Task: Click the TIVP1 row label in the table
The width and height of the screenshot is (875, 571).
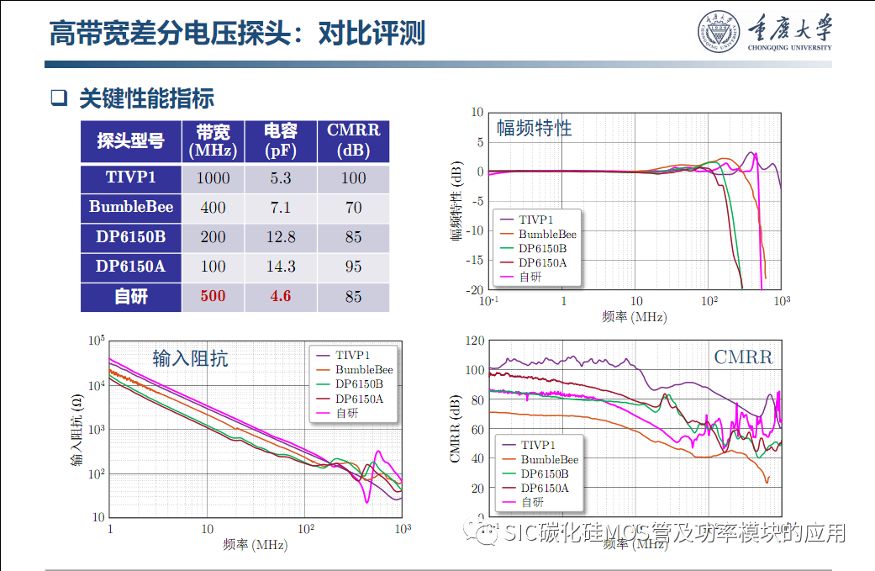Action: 131,177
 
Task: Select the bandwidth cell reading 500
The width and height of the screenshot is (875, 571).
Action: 213,297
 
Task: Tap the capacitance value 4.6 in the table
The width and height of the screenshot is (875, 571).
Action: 281,297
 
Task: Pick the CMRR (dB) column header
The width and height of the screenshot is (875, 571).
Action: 353,141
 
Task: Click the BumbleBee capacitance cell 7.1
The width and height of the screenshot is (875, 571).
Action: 281,208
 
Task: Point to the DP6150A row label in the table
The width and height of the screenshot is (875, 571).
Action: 131,267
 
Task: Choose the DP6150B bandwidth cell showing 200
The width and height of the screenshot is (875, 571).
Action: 213,237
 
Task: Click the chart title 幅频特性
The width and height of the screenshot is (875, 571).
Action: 534,128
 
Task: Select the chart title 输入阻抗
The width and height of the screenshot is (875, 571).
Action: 190,358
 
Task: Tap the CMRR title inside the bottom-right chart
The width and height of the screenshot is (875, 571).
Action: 743,357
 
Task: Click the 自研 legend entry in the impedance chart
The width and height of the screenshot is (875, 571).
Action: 346,414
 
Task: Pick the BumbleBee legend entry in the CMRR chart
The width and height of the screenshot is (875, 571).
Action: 549,459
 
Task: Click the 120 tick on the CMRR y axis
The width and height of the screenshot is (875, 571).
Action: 475,341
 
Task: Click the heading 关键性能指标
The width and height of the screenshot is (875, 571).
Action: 146,98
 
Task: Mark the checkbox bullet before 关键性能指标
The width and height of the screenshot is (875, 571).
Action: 58,98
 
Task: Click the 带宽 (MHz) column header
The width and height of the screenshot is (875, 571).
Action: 213,141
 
